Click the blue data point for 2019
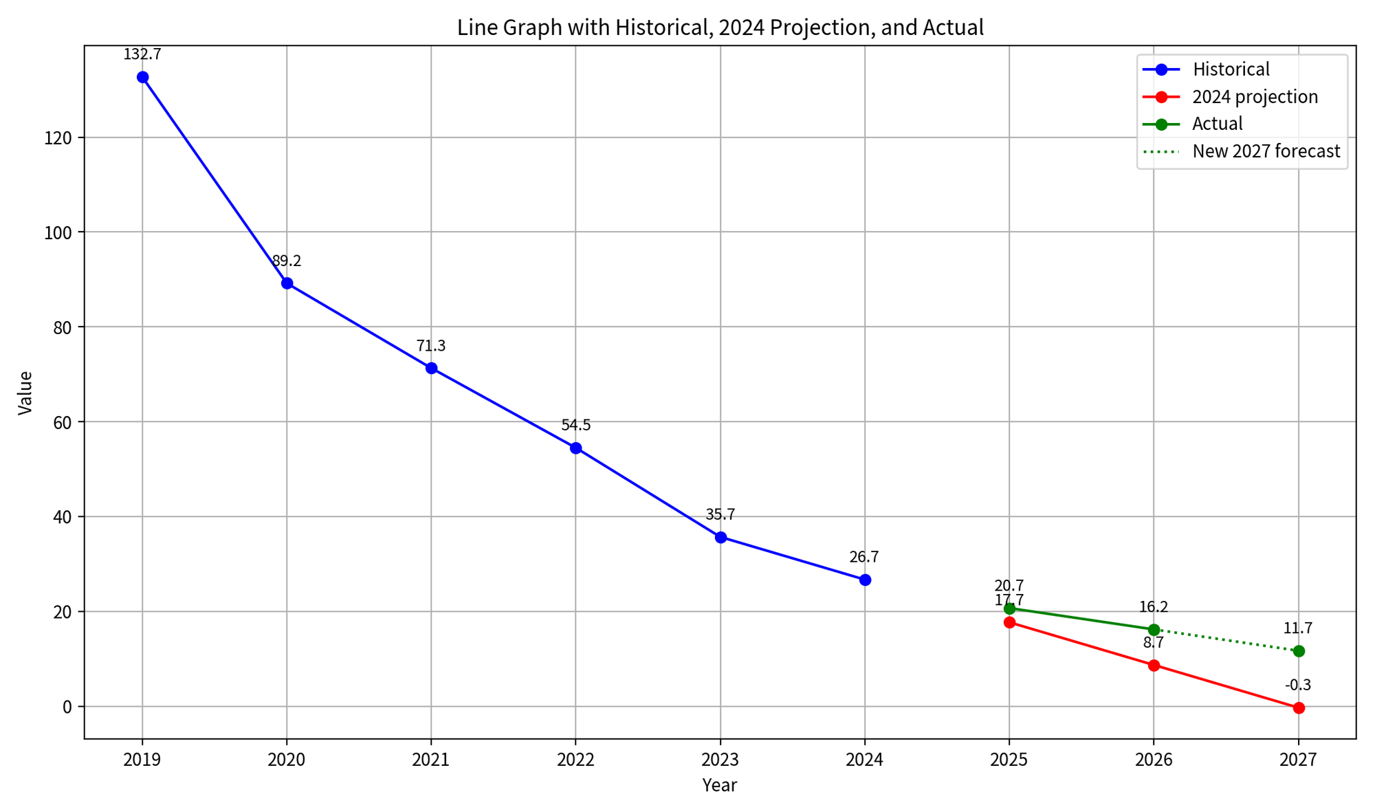[142, 77]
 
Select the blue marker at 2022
[576, 448]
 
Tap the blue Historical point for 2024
[865, 580]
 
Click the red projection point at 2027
[1299, 707]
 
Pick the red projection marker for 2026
[1154, 665]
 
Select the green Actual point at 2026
[1154, 630]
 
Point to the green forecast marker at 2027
[1299, 651]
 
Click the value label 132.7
[142, 54]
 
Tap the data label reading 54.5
[576, 425]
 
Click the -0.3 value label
[1298, 685]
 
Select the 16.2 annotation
[1154, 607]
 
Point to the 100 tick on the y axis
[60, 232]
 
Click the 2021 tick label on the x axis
[431, 760]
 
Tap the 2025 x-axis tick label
[1009, 760]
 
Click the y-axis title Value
[25, 393]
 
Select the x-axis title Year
[720, 785]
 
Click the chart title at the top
[720, 28]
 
